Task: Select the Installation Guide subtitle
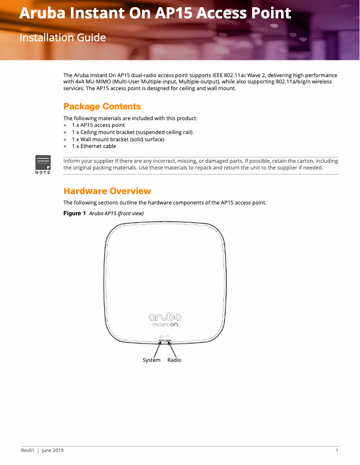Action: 62,37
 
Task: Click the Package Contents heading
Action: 102,106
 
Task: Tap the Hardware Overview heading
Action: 107,191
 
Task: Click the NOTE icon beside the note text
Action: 43,164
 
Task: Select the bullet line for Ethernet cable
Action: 93,146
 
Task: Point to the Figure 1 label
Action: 74,213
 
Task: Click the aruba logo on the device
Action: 165,317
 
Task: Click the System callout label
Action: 151,360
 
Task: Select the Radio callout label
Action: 174,360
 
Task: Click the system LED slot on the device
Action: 161,340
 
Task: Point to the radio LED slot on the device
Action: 168,340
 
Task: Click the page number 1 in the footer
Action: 337,451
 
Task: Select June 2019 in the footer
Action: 53,451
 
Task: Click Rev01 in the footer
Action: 28,451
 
